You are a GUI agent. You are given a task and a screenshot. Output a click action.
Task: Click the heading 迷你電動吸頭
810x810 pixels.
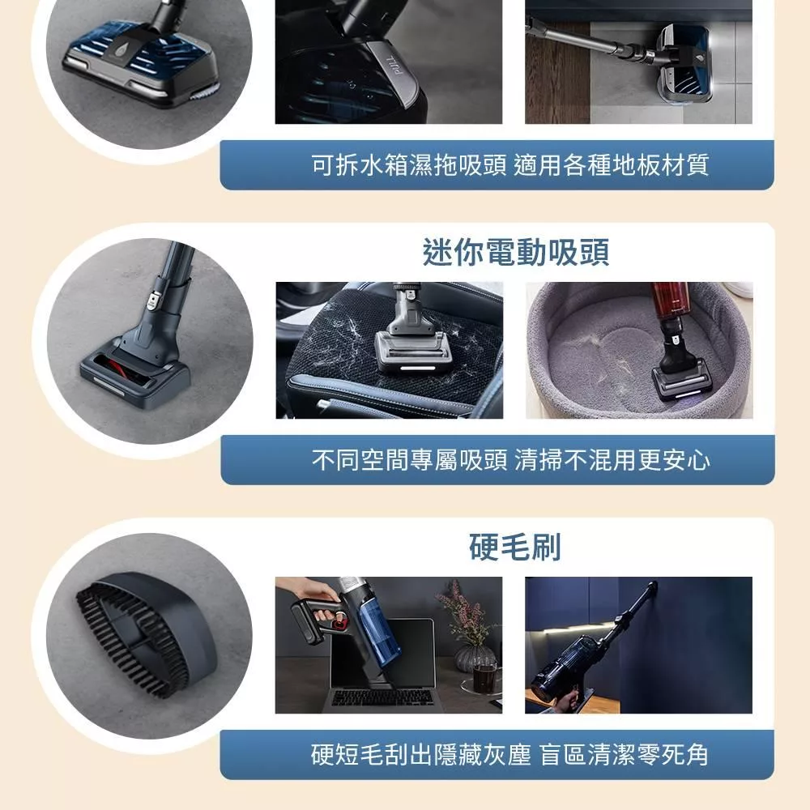tap(515, 253)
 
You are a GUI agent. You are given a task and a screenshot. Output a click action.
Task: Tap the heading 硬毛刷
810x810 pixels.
tap(515, 548)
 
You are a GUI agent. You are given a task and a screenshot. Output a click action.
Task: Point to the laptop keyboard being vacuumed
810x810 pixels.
tap(381, 697)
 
